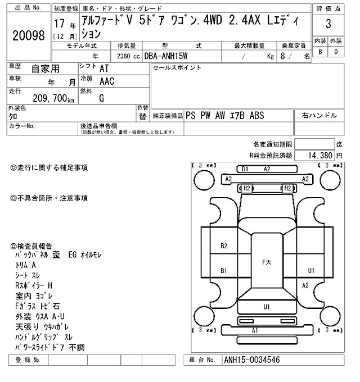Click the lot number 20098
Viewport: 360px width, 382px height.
[x=29, y=35]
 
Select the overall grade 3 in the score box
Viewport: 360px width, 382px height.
[x=328, y=24]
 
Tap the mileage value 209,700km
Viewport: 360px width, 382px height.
[x=53, y=98]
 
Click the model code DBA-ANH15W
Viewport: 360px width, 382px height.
[x=166, y=56]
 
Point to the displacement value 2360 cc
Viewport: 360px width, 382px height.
[x=128, y=56]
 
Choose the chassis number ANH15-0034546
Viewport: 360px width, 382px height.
[x=252, y=360]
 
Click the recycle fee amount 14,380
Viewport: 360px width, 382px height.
[x=320, y=155]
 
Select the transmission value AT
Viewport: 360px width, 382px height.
[x=104, y=69]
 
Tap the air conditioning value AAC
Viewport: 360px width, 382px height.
[x=107, y=81]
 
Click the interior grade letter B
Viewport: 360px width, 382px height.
[x=320, y=52]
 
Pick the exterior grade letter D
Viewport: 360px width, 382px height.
[x=336, y=52]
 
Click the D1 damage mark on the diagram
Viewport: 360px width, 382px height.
[x=245, y=169]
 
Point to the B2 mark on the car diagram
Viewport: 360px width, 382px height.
[x=224, y=246]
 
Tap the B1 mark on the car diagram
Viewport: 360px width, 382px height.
[x=224, y=270]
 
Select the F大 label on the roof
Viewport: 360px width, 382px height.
[x=267, y=262]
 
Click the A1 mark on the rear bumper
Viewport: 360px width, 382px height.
[x=255, y=330]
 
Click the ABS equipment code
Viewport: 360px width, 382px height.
[x=256, y=116]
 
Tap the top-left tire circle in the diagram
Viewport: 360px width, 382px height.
[x=204, y=180]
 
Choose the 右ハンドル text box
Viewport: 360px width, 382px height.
[x=319, y=116]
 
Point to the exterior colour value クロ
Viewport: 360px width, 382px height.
[x=13, y=117]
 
